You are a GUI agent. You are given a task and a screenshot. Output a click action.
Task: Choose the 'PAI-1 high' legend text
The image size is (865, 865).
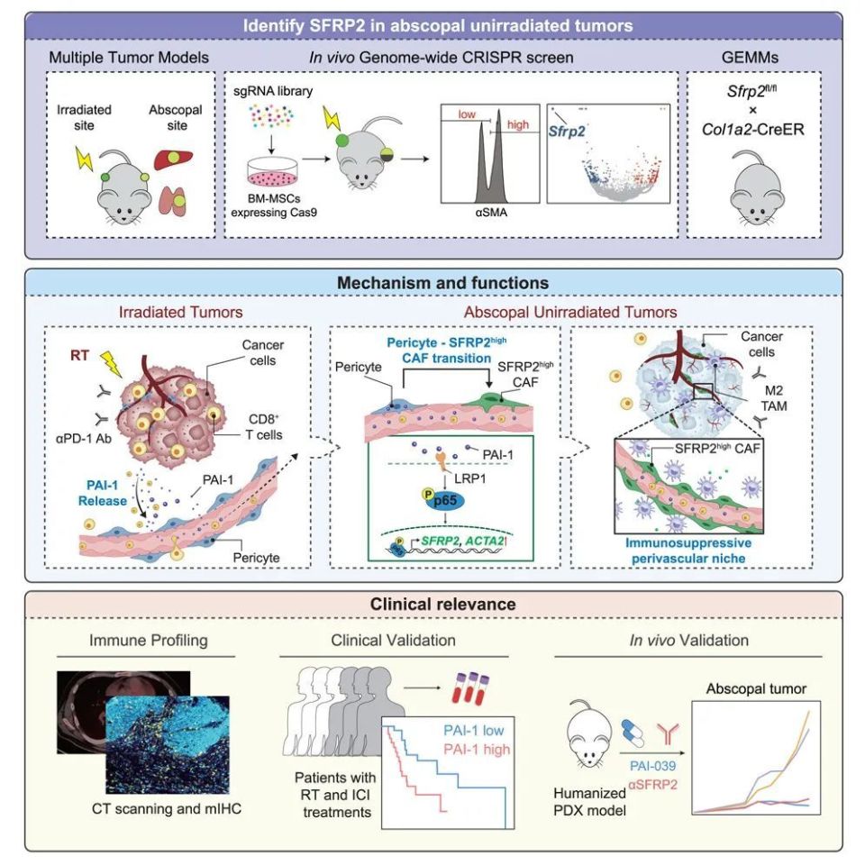coord(472,749)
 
